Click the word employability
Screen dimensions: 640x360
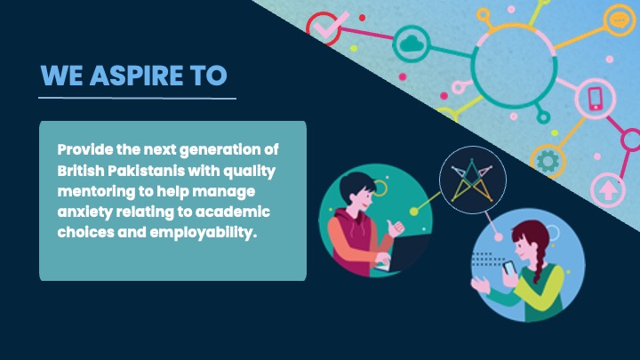point(204,233)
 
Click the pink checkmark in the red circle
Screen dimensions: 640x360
point(331,26)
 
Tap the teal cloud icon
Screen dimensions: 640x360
point(412,44)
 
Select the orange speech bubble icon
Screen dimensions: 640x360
point(620,20)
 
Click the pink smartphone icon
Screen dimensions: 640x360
point(596,99)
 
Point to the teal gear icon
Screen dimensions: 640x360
point(548,161)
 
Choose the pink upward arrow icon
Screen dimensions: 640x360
point(608,190)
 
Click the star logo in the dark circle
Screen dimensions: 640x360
point(472,180)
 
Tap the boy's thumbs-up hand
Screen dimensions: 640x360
point(395,228)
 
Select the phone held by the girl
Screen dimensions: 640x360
point(508,268)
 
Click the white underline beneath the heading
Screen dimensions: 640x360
point(137,98)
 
